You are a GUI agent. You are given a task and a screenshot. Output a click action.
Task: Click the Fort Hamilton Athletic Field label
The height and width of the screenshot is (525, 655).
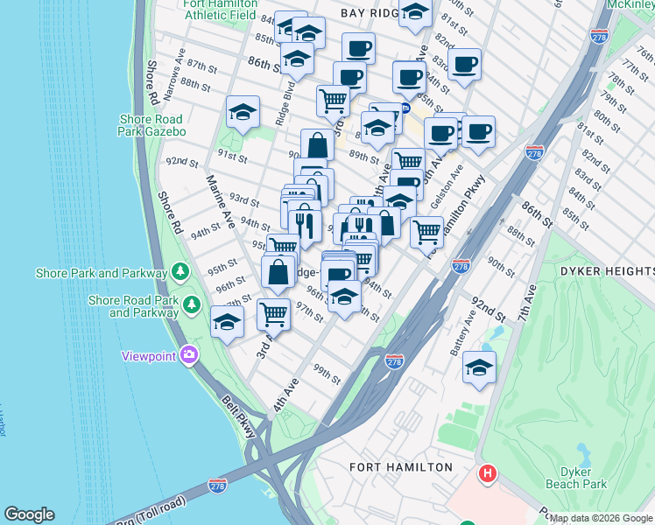[x=219, y=9]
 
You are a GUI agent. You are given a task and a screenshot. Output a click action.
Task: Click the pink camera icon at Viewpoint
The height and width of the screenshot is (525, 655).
[x=188, y=355]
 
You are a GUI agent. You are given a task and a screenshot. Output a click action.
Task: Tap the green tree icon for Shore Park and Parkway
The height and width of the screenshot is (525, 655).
[x=180, y=273]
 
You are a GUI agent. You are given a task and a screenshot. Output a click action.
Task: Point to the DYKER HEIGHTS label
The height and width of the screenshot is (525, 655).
[x=603, y=270]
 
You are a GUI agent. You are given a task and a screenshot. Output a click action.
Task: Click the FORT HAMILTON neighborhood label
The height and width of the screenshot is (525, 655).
[x=400, y=466]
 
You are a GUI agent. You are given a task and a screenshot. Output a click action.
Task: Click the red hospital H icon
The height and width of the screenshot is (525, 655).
[x=487, y=475]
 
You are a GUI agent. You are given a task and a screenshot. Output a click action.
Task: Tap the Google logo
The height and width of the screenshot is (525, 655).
[x=29, y=515]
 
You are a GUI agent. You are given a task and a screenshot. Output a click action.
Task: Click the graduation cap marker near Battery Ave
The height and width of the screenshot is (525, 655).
[x=479, y=367]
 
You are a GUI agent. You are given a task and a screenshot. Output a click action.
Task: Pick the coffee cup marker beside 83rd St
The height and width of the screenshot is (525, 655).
[x=464, y=63]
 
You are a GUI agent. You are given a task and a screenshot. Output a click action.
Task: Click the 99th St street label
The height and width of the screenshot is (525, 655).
[x=328, y=374]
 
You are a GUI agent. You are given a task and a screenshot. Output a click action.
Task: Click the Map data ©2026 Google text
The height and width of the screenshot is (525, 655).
[x=601, y=518]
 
